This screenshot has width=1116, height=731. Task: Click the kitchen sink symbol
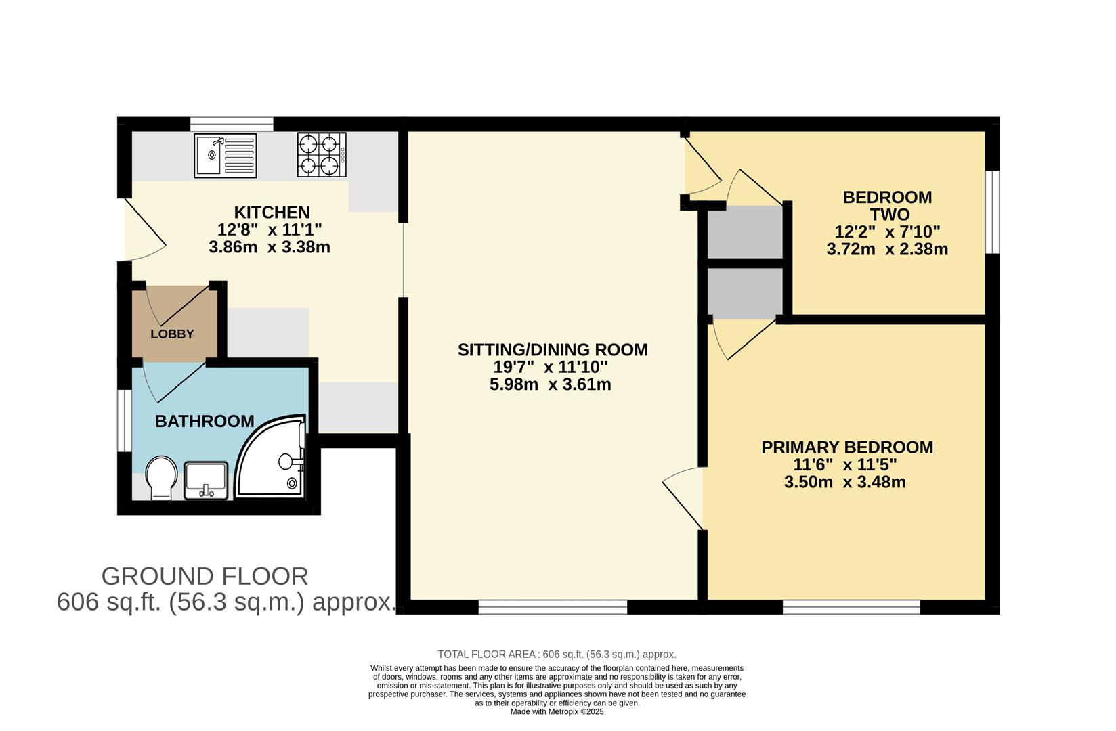226,155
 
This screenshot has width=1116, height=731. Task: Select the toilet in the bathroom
161,477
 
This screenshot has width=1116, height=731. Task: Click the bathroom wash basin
206,479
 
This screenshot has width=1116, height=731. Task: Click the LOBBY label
172,334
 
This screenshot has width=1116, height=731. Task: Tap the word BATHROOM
205,421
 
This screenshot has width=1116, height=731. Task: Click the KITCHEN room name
272,212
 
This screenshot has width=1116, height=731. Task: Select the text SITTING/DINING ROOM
553,349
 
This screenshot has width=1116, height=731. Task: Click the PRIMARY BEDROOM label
847,447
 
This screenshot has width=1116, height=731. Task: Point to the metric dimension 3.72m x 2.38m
887,249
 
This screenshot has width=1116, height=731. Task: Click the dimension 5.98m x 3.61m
550,384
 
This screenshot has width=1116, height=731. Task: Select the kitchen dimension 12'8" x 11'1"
270,229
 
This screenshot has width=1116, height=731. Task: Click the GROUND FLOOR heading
205,576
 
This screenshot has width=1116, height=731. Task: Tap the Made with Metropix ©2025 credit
557,711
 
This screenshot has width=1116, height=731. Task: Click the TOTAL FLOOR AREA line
557,654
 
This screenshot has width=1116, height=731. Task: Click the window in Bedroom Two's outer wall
992,212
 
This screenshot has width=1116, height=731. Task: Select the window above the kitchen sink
232,124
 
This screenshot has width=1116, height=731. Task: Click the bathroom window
124,420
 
